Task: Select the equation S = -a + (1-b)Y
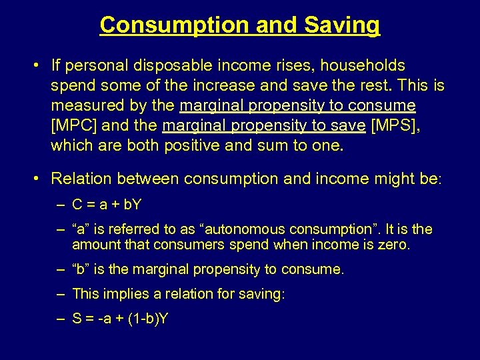(120, 319)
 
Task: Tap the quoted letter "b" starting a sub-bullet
(82, 269)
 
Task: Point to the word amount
(94, 244)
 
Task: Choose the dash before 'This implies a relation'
(61, 293)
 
